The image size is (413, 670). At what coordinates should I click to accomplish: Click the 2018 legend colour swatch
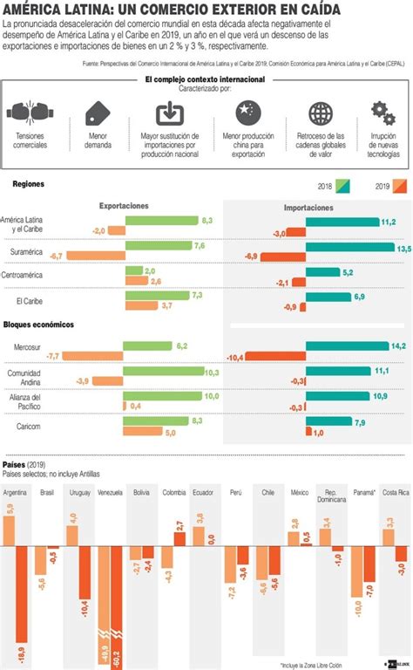pyautogui.click(x=346, y=185)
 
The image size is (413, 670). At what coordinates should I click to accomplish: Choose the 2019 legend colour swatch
pyautogui.click(x=401, y=185)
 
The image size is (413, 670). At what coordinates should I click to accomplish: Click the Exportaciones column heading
pyautogui.click(x=124, y=206)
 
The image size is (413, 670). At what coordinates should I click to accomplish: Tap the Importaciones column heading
pyautogui.click(x=308, y=209)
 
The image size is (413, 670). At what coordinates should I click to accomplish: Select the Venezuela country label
pyautogui.click(x=110, y=493)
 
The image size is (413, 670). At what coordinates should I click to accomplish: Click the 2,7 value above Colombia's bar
pyautogui.click(x=179, y=525)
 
